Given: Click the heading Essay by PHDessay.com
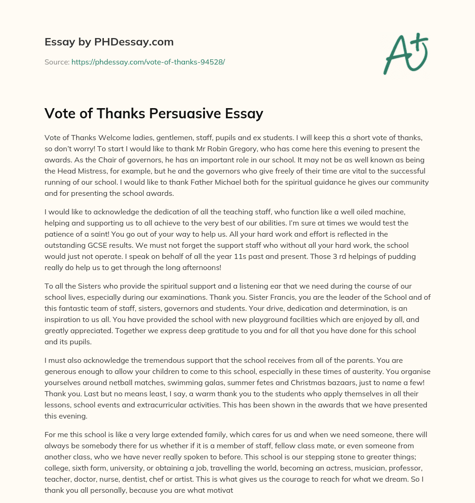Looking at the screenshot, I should tap(109, 42).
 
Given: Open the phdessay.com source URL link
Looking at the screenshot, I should tap(148, 62).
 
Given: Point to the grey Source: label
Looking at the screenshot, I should tap(57, 62).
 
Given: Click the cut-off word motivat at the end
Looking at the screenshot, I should tap(225, 490).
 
